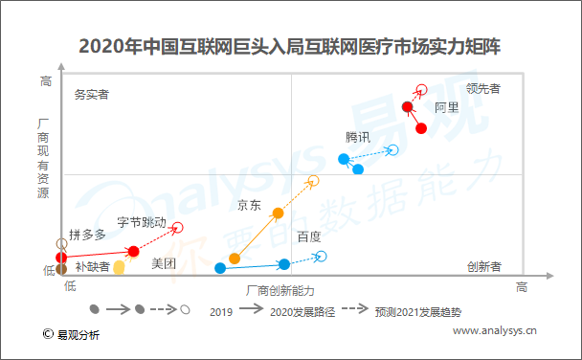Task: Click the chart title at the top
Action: coord(291,45)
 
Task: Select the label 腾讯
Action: coord(358,137)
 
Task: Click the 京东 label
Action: coord(249,204)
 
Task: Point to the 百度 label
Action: coord(308,236)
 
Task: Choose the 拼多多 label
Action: coord(87,235)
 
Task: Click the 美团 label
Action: coord(164,263)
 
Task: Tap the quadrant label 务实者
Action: coord(91,95)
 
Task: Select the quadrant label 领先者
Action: coord(483,88)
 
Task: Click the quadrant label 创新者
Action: coord(483,266)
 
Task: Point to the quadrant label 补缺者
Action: coord(92,266)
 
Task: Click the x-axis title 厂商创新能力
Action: coord(280,289)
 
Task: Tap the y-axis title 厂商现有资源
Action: coord(43,159)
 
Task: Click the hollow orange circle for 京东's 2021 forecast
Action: coord(313,181)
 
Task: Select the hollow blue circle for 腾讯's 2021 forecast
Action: coord(392,149)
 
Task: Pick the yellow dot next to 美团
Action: coord(119,268)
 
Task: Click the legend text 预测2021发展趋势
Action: coord(417,312)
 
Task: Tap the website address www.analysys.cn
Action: coord(494,331)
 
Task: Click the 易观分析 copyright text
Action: coord(78,334)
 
